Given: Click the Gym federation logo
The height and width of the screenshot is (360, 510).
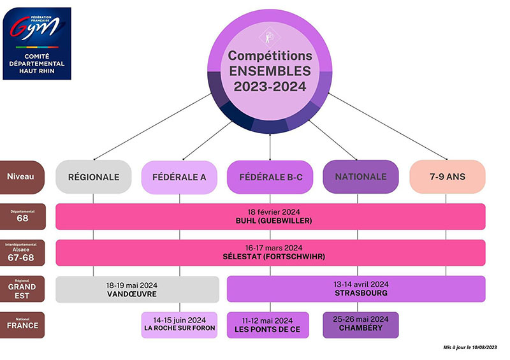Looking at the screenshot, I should (37, 43).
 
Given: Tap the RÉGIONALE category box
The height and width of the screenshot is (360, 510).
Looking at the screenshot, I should (94, 176).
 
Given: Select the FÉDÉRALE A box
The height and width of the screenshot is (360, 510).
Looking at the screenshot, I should (180, 176).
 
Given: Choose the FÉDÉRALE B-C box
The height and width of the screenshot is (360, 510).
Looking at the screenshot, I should (270, 176).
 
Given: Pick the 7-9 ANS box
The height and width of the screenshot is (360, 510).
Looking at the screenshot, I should (447, 176).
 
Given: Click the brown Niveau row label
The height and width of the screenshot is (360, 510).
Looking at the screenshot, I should (23, 176).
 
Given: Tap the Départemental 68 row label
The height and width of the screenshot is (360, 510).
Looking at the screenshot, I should (23, 217).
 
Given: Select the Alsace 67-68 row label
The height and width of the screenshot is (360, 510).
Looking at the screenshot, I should (23, 253).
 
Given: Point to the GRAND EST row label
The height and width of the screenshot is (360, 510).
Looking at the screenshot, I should (23, 289).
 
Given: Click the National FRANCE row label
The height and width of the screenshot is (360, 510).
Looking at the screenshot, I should (23, 325).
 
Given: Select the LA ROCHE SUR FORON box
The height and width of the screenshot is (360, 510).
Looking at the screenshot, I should (180, 325).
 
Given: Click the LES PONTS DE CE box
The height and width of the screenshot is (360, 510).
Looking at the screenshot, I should (268, 325).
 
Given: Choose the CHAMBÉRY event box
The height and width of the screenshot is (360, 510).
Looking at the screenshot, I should (361, 325).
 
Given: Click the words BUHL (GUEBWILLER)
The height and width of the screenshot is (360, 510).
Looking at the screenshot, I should (270, 221).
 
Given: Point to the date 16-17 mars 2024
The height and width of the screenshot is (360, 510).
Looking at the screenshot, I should (270, 248).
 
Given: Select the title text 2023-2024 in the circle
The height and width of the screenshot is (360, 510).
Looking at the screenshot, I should (270, 85).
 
